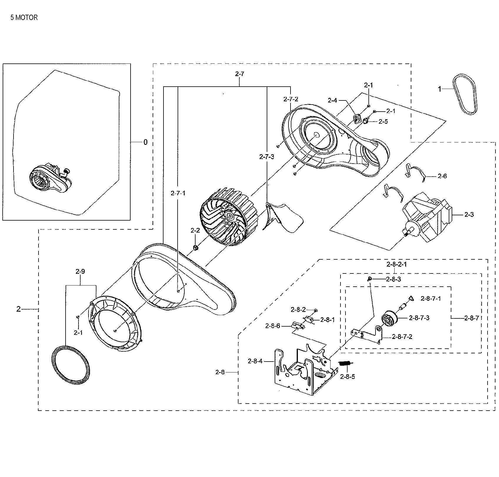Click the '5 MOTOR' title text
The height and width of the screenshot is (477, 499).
point(24,18)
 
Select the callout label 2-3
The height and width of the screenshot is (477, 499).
point(469,215)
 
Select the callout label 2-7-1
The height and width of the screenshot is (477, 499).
point(178,193)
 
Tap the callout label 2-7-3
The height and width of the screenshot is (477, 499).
point(267,157)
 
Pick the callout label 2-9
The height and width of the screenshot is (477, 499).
point(80,272)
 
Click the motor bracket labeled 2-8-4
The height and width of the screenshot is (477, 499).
point(303,370)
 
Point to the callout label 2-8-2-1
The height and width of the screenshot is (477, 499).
point(397,264)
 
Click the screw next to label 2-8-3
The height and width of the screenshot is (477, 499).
point(369,279)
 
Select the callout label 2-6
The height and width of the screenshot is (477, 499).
point(442,176)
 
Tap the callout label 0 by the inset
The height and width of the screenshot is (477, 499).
point(145,142)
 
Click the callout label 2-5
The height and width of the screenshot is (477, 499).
point(383,122)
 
